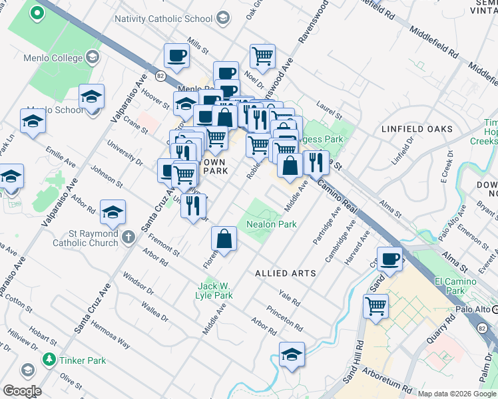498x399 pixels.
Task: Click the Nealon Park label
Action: coord(272,224)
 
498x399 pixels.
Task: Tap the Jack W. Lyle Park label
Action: coord(214,291)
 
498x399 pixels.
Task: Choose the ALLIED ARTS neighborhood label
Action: coord(284,273)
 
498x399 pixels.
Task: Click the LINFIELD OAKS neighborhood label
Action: coord(417,129)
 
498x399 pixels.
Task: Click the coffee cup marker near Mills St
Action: coord(176,57)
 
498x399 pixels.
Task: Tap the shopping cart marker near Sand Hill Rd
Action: coord(376,307)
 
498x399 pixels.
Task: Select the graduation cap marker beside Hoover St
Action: coord(91,97)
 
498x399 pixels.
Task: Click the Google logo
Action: coord(22,391)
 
